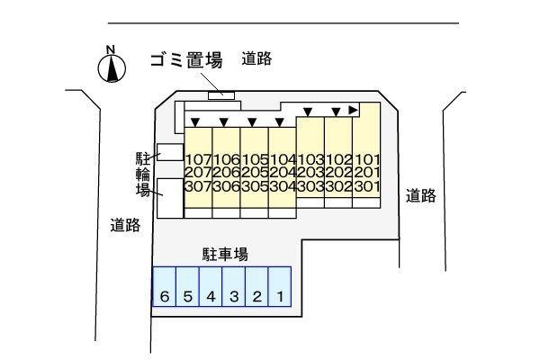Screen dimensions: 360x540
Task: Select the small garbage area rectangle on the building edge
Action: [220, 94]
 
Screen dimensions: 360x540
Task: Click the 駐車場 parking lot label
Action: [224, 255]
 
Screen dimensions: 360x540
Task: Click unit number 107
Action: [197, 159]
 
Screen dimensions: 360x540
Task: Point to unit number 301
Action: [366, 186]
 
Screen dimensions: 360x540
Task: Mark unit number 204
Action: [282, 173]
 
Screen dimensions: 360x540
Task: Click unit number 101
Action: [366, 159]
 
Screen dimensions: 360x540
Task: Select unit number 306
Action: [225, 186]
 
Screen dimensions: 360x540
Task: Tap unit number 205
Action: [254, 173]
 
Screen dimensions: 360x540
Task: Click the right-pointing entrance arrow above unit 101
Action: [354, 110]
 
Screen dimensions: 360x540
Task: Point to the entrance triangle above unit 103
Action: [308, 112]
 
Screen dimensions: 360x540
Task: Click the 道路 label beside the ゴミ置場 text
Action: [256, 59]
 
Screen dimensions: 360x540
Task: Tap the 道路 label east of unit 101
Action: [420, 195]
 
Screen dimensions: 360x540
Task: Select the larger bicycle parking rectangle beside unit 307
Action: [168, 197]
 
